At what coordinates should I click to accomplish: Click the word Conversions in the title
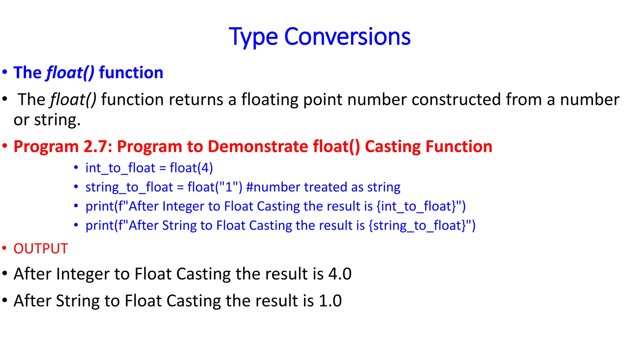click(x=347, y=37)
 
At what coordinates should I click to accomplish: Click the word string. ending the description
click(x=57, y=120)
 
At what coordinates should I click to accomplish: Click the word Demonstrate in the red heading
click(x=258, y=147)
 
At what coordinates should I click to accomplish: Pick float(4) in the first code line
click(x=191, y=168)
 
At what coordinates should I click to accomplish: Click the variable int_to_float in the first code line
click(x=120, y=168)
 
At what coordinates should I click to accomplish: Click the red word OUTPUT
click(x=41, y=249)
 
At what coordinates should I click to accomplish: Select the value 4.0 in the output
click(x=340, y=274)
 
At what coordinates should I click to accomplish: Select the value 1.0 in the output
click(x=330, y=301)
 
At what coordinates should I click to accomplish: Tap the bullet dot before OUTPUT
click(x=4, y=249)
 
